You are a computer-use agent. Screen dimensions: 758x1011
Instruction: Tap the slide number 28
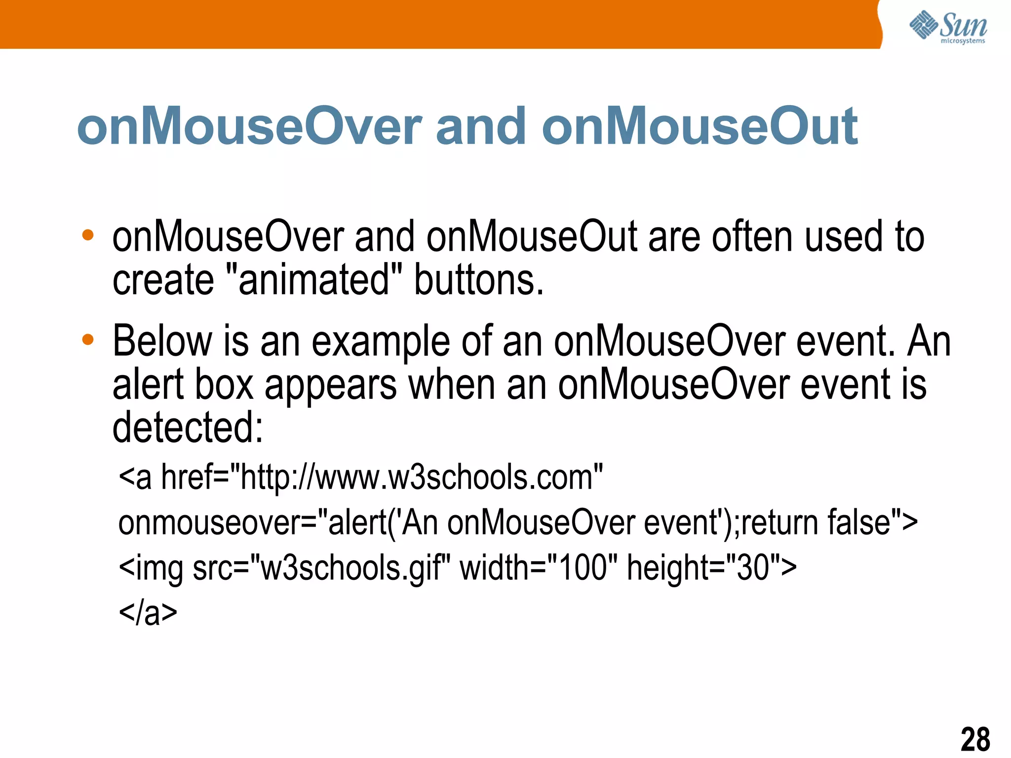(x=975, y=739)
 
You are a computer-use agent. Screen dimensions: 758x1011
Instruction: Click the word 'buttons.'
(x=478, y=280)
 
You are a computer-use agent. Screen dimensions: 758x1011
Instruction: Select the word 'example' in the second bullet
(x=381, y=341)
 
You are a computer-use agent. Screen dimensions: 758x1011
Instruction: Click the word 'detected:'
(x=188, y=427)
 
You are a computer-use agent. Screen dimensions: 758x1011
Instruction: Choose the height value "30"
(x=753, y=568)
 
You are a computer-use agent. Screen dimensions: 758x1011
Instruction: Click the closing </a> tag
(x=148, y=613)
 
